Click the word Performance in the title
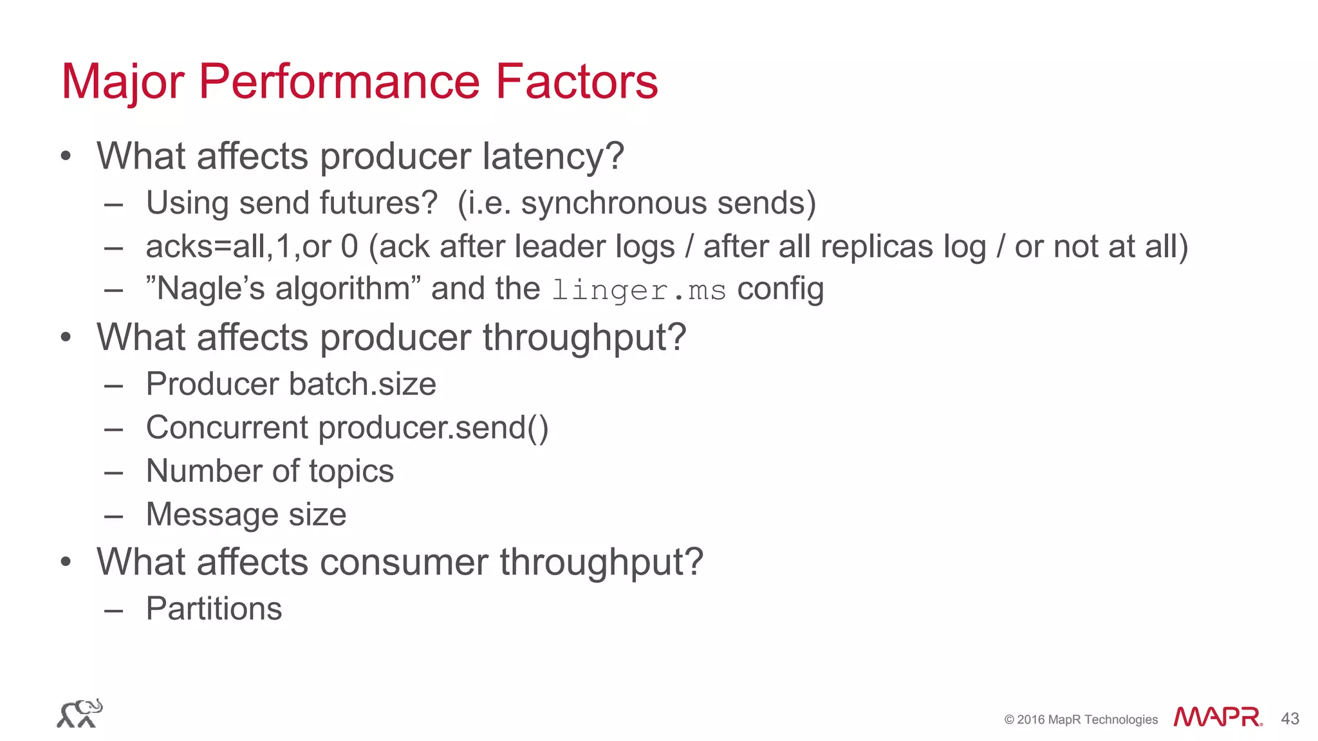point(339,82)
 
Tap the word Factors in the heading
point(576,82)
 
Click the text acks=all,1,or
point(238,247)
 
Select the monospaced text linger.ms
point(639,290)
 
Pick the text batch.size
point(363,384)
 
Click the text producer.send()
point(433,428)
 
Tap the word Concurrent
point(227,428)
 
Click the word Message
point(211,515)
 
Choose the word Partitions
point(214,608)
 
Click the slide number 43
point(1290,718)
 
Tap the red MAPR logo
point(1218,717)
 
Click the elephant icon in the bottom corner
point(80,713)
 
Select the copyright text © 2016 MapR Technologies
point(1081,720)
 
